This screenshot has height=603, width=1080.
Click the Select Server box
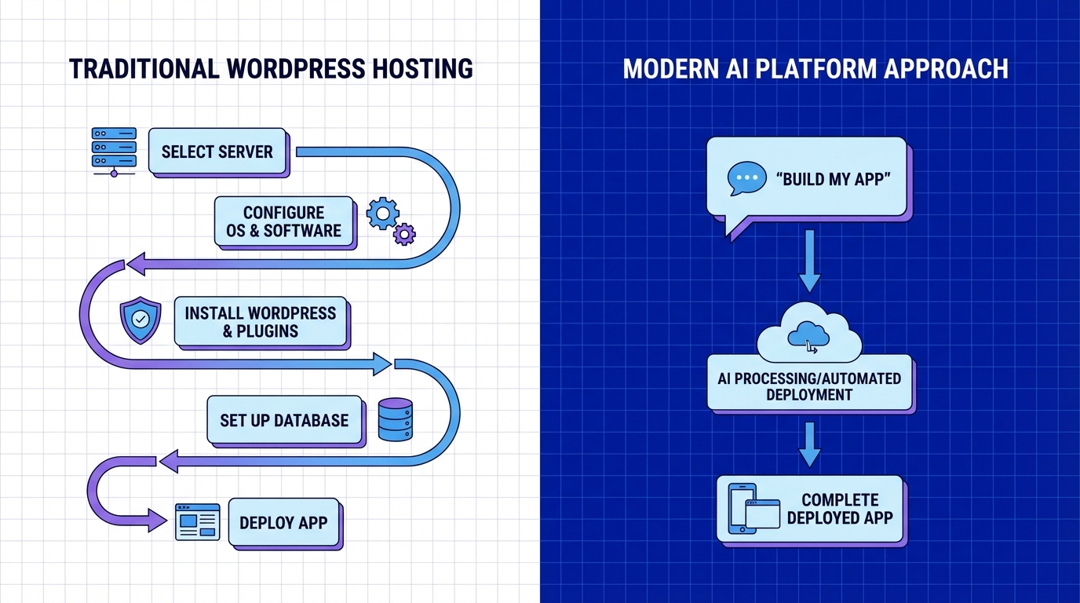click(x=217, y=152)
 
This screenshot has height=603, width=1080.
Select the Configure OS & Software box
click(x=283, y=221)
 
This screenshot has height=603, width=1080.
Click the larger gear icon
click(x=382, y=213)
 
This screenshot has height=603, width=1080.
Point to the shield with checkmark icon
click(x=140, y=320)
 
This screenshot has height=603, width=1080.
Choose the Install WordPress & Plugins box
click(x=260, y=322)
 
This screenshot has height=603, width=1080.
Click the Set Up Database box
click(x=284, y=420)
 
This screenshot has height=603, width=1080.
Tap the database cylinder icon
click(x=395, y=419)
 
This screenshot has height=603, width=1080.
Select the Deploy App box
click(x=283, y=523)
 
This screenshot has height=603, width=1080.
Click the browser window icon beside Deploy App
click(x=197, y=523)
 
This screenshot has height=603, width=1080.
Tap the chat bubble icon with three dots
click(x=746, y=178)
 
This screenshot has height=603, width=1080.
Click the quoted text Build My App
click(x=834, y=178)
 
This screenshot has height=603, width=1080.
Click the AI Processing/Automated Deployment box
click(x=809, y=386)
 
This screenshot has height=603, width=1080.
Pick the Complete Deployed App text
click(x=840, y=509)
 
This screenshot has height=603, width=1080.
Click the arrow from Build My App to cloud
click(x=809, y=261)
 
